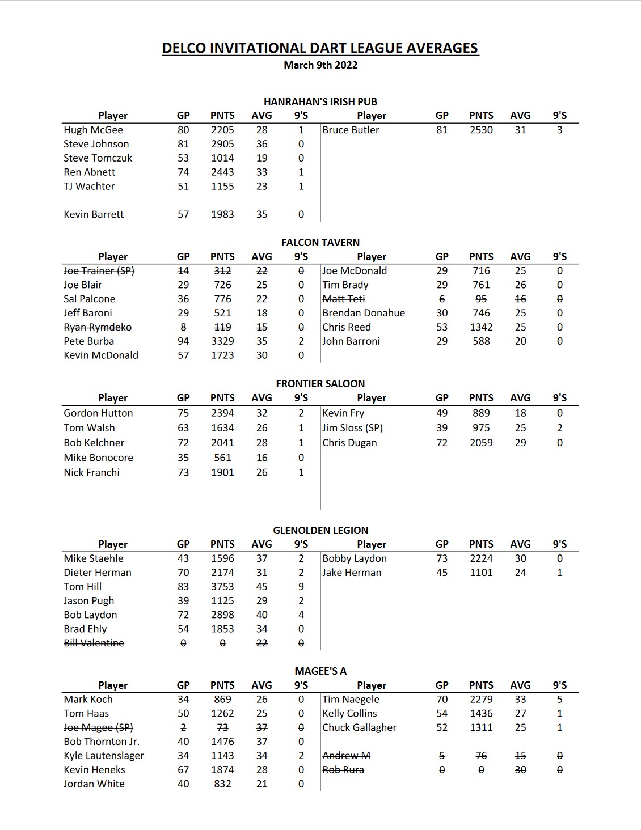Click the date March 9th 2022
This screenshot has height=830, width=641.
[320, 65]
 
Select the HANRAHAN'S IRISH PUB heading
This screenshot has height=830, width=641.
[320, 102]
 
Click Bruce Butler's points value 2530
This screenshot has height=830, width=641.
[481, 130]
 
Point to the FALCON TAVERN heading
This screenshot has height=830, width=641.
[320, 243]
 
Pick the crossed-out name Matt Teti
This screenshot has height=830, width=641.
[344, 299]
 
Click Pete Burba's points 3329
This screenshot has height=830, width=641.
[222, 341]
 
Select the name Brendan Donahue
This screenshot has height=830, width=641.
[364, 313]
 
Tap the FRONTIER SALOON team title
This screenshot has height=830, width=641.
[320, 384]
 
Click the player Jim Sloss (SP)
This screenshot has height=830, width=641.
[352, 428]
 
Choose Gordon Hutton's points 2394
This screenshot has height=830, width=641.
[222, 413]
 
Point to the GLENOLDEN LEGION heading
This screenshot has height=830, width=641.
[320, 531]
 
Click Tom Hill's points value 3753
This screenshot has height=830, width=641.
[222, 587]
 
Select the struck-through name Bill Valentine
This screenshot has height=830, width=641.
[94, 643]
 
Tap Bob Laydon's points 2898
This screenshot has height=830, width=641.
[222, 615]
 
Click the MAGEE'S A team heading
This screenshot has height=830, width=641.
[320, 671]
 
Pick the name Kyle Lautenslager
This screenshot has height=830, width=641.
[104, 756]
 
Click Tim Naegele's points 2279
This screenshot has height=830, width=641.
[481, 700]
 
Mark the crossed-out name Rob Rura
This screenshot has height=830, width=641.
[343, 770]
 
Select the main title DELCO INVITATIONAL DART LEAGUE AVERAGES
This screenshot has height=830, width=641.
[320, 48]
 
